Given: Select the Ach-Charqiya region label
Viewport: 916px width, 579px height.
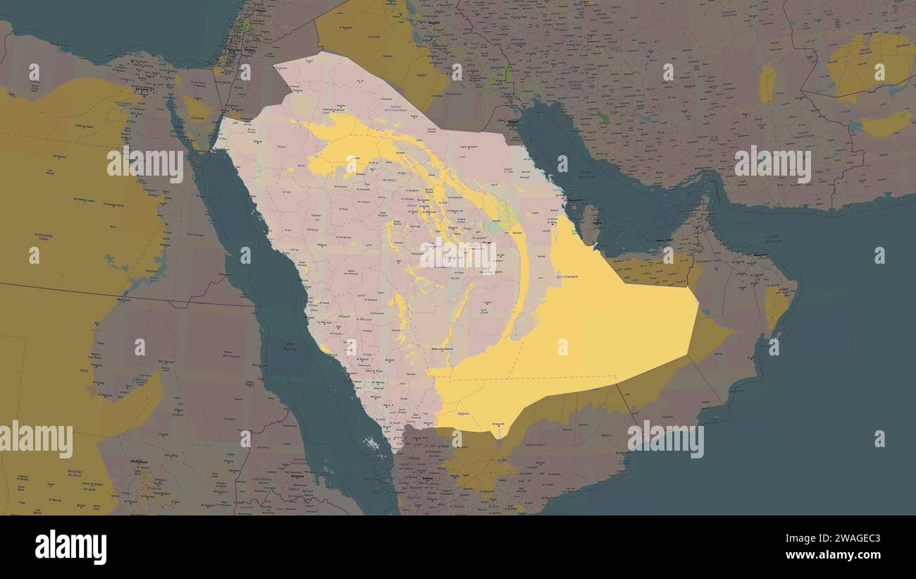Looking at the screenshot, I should point(567,276).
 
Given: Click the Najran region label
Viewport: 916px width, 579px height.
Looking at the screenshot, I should point(464,414).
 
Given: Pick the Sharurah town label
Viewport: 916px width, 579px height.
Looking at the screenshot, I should point(498,424).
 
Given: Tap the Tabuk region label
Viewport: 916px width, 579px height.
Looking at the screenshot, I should point(282,147).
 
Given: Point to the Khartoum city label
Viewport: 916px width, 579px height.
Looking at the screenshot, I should point(140,461).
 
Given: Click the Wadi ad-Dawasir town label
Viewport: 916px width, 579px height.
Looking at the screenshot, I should point(441,349).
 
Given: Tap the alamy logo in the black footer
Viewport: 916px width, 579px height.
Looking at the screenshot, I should point(71,547).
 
